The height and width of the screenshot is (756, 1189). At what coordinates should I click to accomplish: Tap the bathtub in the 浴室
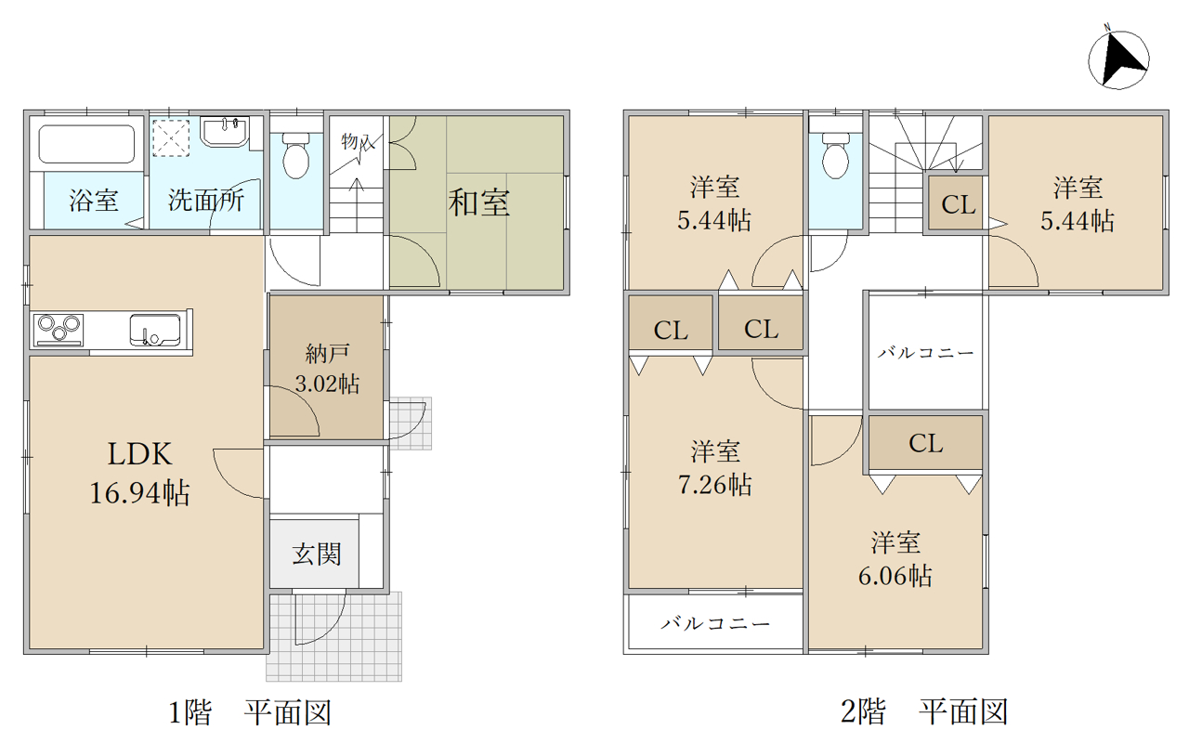(x=86, y=144)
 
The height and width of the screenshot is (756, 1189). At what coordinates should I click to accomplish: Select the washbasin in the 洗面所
(x=225, y=131)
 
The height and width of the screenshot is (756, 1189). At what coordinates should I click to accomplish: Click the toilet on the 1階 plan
(x=295, y=155)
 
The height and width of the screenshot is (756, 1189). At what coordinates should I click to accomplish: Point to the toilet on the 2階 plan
(x=835, y=155)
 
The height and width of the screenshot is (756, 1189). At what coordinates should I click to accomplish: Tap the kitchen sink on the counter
(x=155, y=330)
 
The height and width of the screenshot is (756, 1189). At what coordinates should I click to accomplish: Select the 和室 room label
(x=478, y=202)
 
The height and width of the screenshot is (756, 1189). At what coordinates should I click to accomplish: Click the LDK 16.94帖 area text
(x=139, y=473)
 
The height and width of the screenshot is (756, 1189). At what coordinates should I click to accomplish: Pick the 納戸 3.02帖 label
(x=327, y=369)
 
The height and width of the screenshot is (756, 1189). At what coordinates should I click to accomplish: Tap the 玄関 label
(x=317, y=554)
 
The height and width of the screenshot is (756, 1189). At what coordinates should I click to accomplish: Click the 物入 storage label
(x=358, y=142)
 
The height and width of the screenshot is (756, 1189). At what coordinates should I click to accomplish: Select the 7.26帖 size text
(x=714, y=484)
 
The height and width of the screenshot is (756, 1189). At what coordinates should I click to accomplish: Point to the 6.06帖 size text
(x=895, y=575)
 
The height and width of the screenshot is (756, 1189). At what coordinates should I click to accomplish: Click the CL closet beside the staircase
(x=958, y=204)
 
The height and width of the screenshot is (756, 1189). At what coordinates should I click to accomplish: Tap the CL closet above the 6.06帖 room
(x=926, y=443)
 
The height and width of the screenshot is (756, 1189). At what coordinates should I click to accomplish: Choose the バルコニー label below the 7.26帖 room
(x=715, y=623)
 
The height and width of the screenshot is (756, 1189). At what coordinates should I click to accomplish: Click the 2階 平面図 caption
(x=924, y=712)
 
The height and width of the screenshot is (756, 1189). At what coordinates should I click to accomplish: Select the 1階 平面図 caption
(x=250, y=712)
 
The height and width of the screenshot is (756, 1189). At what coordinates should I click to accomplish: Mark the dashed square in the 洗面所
(x=172, y=138)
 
